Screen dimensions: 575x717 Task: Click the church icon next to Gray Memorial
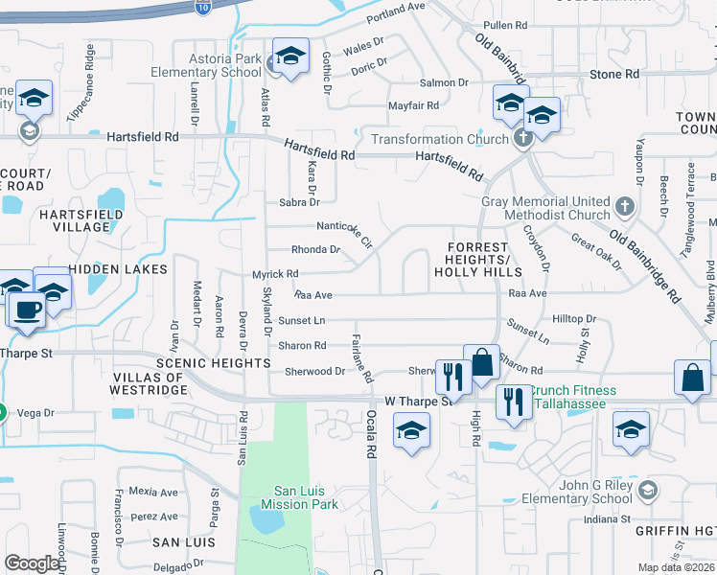point(624,206)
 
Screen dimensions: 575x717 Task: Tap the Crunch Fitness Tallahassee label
point(572,396)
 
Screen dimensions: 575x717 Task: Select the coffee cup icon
point(26,309)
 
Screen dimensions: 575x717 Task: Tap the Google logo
point(33,563)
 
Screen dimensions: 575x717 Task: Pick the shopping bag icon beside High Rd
point(482,363)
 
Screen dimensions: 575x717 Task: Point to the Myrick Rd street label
point(275,274)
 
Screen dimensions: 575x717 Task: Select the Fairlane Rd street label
point(361,358)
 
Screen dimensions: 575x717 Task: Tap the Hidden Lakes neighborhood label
point(118,269)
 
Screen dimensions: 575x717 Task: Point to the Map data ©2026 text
point(676,567)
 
